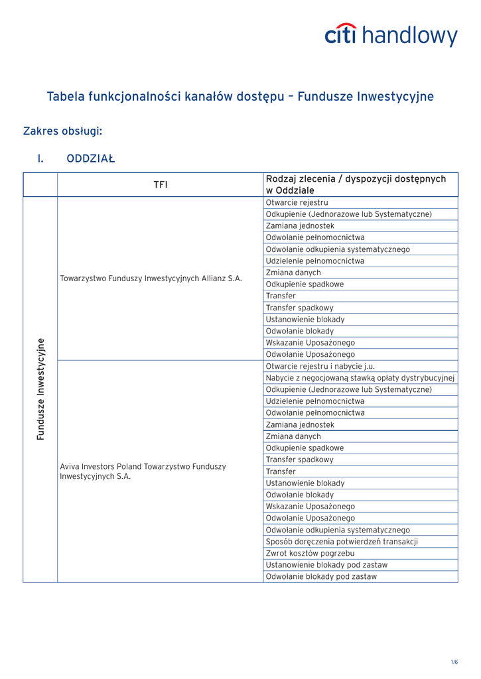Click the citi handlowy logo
click(391, 36)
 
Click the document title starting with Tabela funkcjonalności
click(240, 97)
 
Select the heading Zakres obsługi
click(62, 131)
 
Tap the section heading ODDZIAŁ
click(91, 159)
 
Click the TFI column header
click(160, 185)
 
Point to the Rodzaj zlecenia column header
click(356, 185)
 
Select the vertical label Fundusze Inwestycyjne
click(40, 389)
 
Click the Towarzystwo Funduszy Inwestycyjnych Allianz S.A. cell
click(151, 278)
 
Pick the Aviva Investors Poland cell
click(143, 471)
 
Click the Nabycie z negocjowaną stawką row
click(360, 378)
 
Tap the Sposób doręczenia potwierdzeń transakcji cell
click(342, 542)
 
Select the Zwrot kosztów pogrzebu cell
click(310, 553)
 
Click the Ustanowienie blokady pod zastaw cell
click(326, 565)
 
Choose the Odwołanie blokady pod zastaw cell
click(321, 577)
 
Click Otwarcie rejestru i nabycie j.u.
click(320, 366)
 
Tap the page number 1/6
click(454, 662)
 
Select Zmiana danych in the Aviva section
click(293, 436)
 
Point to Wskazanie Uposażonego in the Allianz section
click(310, 343)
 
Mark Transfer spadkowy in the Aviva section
click(299, 460)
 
